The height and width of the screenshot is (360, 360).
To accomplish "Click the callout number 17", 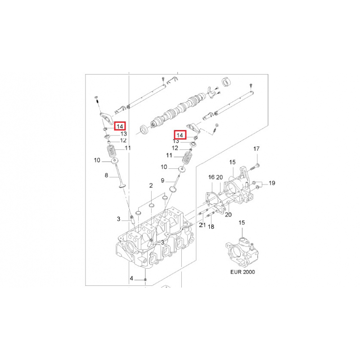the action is [x=256, y=149].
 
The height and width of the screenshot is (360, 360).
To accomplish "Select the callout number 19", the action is [x=272, y=183].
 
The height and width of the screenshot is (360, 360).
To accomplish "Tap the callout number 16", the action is [x=211, y=177].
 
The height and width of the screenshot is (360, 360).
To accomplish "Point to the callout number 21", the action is [x=202, y=225].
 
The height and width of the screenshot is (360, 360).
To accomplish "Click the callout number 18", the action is [x=211, y=227].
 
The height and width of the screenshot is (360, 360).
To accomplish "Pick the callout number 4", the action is [x=131, y=279].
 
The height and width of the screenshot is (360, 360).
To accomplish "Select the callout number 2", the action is [x=151, y=185].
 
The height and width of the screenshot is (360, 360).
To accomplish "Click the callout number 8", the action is [x=106, y=175].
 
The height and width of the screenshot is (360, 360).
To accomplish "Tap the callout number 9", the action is [x=162, y=181].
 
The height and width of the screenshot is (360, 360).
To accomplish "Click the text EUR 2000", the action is [x=243, y=272].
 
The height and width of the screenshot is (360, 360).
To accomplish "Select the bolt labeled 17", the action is [x=254, y=167].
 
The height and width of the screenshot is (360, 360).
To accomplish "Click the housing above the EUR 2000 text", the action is [x=242, y=252].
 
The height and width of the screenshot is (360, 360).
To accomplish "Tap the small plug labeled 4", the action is [x=145, y=279].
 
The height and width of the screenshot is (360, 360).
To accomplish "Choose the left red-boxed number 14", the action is [x=120, y=126].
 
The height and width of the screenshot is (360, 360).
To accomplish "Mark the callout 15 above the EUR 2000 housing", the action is [x=242, y=222].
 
